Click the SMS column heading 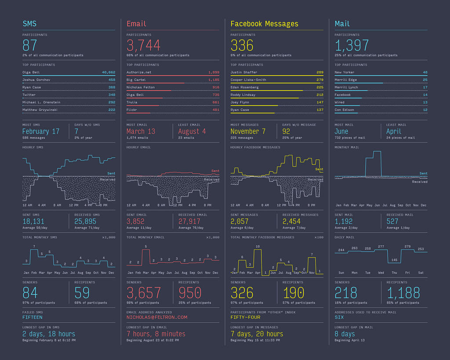point(29,24)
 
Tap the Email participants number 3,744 point(143,45)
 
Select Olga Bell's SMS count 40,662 point(109,72)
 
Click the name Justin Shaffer point(244,72)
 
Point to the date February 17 point(41,131)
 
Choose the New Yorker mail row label point(344,72)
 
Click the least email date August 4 point(192,131)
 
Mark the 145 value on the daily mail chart point(394,260)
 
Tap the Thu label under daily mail point(394,273)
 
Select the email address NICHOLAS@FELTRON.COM point(157,317)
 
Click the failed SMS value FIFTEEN point(33,317)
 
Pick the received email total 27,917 point(189,222)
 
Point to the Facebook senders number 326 point(242,293)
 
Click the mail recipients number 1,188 point(403,293)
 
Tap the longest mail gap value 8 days point(345,334)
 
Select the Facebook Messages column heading point(264,24)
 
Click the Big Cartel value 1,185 point(213,80)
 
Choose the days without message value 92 point(287,131)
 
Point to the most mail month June point(341,131)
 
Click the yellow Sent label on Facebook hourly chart point(319,169)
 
